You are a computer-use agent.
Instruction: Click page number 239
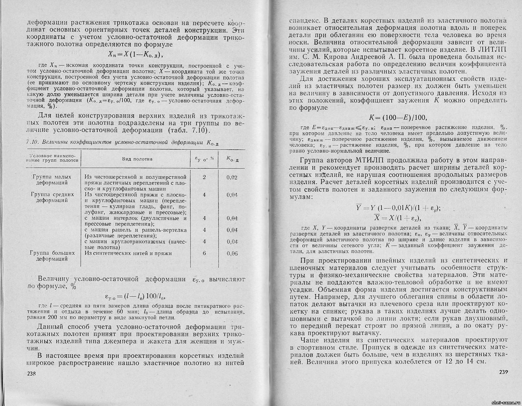point(503,371)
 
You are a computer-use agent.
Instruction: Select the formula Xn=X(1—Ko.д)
point(135,54)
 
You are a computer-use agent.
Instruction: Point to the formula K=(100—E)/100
point(398,117)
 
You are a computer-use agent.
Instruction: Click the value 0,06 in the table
point(232,253)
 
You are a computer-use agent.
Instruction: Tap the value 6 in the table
point(204,253)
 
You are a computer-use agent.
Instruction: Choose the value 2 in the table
point(204,177)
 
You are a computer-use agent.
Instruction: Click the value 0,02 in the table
point(232,177)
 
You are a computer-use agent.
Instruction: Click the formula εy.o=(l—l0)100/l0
point(135,297)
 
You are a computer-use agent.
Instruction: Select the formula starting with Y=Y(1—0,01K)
point(398,208)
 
